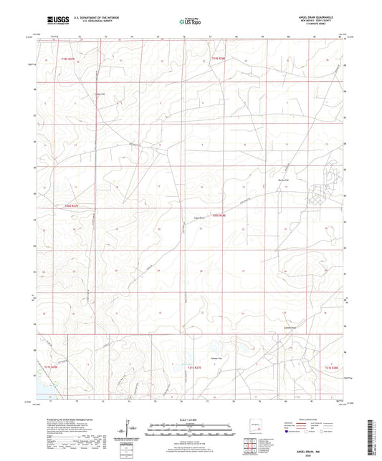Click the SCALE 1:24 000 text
(x=191, y=419)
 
